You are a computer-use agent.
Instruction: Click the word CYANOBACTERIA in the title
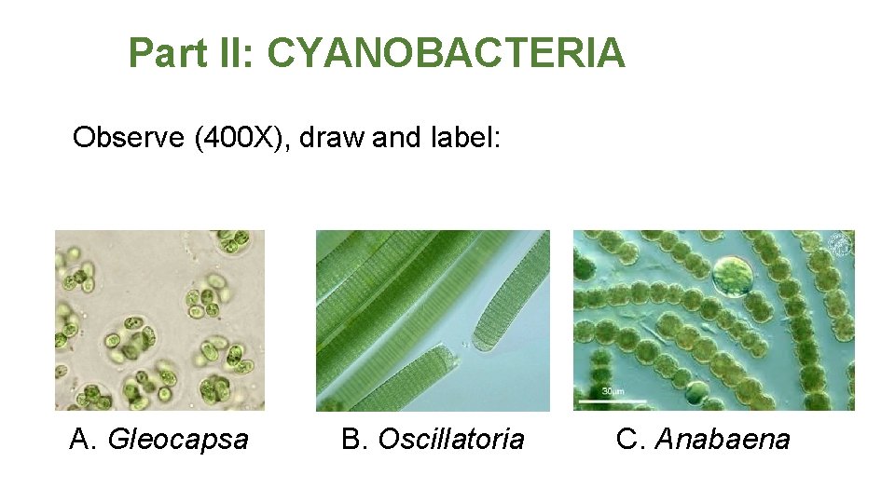click(x=446, y=53)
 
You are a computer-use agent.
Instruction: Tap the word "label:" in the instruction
click(x=466, y=138)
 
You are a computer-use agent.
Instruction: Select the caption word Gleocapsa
click(x=179, y=439)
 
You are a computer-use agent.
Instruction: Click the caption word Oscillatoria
click(x=451, y=439)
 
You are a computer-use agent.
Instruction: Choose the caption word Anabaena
click(x=723, y=439)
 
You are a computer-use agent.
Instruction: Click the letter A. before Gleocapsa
click(x=84, y=439)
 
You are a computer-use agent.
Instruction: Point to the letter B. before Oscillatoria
click(x=355, y=439)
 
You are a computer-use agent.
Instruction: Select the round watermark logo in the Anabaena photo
click(x=840, y=244)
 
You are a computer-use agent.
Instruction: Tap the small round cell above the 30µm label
click(x=695, y=392)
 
